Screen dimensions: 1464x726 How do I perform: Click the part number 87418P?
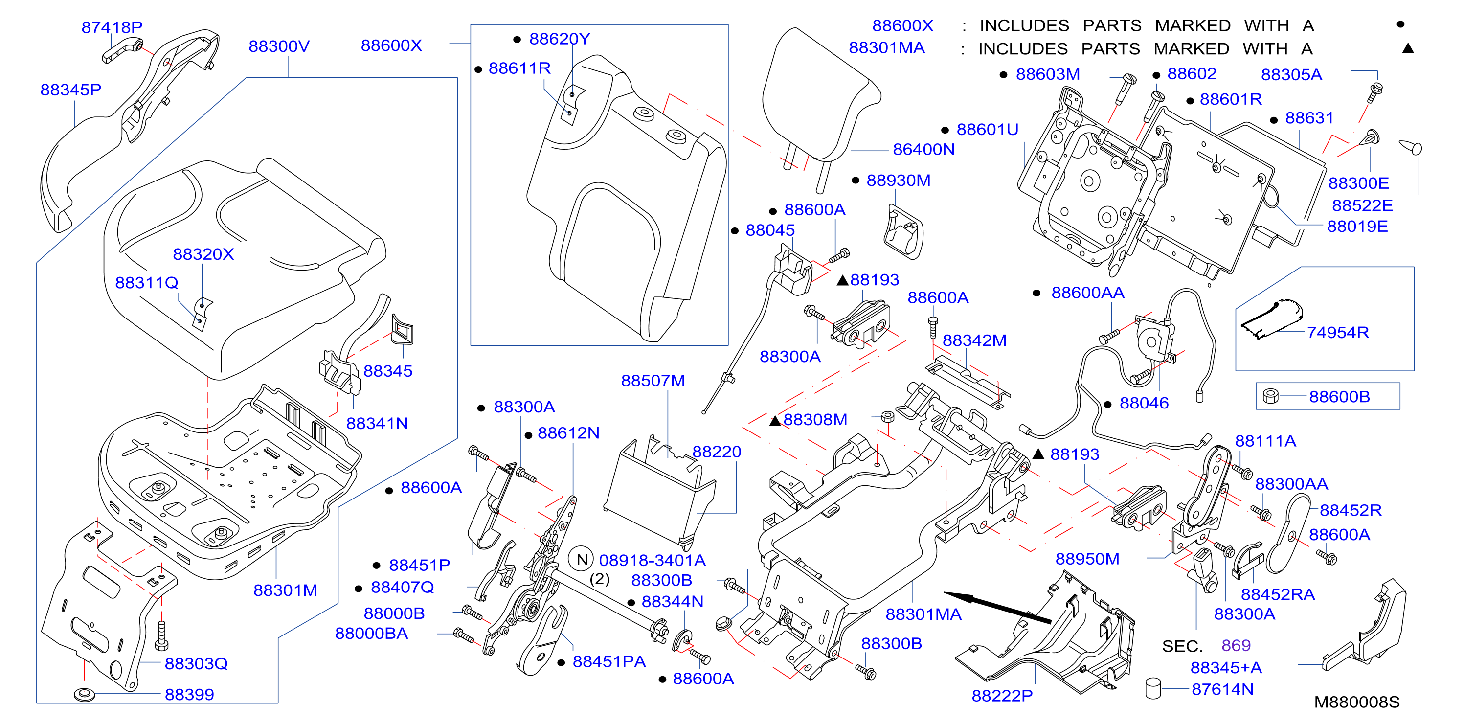tap(112, 27)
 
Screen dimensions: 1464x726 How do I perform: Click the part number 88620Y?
tap(560, 39)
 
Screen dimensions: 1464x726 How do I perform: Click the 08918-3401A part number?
tap(653, 560)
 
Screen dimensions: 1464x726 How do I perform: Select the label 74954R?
tap(1338, 332)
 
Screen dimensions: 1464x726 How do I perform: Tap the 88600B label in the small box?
tap(1340, 396)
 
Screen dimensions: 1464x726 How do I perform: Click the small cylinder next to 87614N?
tap(1153, 688)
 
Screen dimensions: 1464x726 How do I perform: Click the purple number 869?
tap(1236, 645)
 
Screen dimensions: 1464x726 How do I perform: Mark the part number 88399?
tap(189, 694)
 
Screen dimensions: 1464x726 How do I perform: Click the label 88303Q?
tap(196, 663)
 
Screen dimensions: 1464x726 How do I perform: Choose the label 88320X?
tap(203, 253)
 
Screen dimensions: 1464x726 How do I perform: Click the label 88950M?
tap(1087, 559)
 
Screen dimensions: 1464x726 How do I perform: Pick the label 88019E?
tap(1357, 227)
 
